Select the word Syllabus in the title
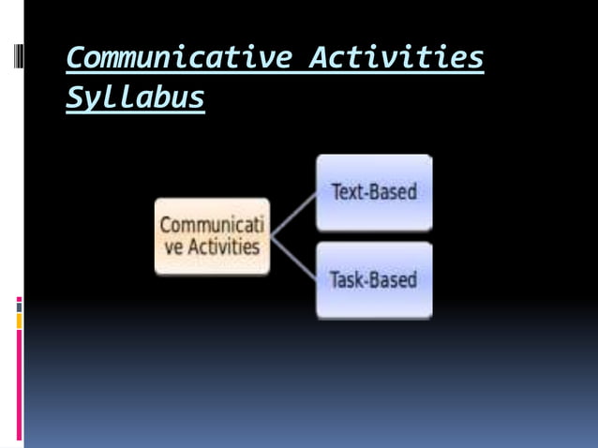click(x=135, y=97)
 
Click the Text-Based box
click(x=374, y=192)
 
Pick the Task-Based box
click(x=374, y=280)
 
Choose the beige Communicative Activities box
click(x=212, y=236)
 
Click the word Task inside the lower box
click(x=346, y=280)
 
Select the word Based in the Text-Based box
click(x=393, y=192)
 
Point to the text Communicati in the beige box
click(x=212, y=226)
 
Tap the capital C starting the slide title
click(x=75, y=59)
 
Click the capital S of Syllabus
click(x=73, y=97)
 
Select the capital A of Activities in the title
click(x=319, y=58)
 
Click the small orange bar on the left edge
click(x=19, y=321)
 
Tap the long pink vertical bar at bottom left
click(x=19, y=384)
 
